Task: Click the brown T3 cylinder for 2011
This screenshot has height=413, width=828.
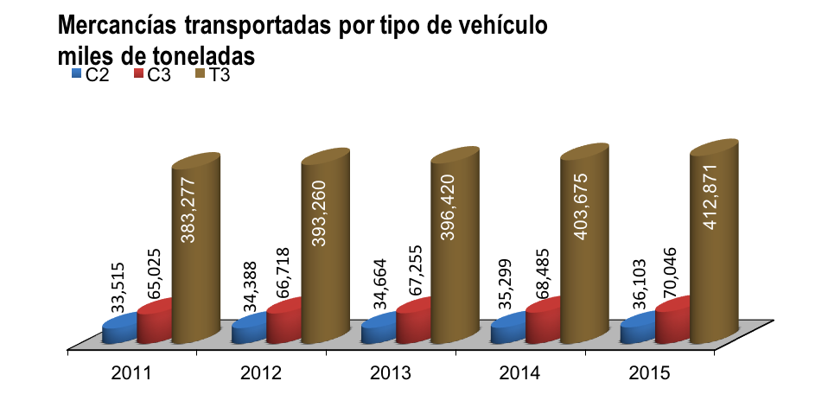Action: pyautogui.click(x=196, y=248)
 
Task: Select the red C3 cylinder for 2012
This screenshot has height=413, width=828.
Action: pyautogui.click(x=284, y=321)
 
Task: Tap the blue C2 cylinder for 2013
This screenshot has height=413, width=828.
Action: pyautogui.click(x=379, y=328)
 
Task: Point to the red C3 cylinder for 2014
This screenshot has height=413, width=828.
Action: pyautogui.click(x=543, y=321)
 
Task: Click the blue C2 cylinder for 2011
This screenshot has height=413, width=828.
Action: pyautogui.click(x=120, y=328)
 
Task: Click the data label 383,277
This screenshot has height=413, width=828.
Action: pyautogui.click(x=188, y=210)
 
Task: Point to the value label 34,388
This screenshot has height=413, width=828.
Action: pyautogui.click(x=248, y=287)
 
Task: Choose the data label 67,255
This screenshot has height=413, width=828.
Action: pyautogui.click(x=412, y=275)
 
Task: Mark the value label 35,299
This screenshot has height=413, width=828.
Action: pyautogui.click(x=507, y=284)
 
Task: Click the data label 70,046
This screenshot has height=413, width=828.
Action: pyautogui.click(x=672, y=273)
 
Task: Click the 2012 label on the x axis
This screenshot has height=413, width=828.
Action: pyautogui.click(x=261, y=373)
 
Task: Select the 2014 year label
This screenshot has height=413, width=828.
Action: pyautogui.click(x=519, y=373)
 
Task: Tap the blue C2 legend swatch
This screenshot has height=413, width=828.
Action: pyautogui.click(x=77, y=74)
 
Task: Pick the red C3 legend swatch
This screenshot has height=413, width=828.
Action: pyautogui.click(x=139, y=74)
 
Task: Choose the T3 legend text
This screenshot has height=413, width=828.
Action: pyautogui.click(x=219, y=75)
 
